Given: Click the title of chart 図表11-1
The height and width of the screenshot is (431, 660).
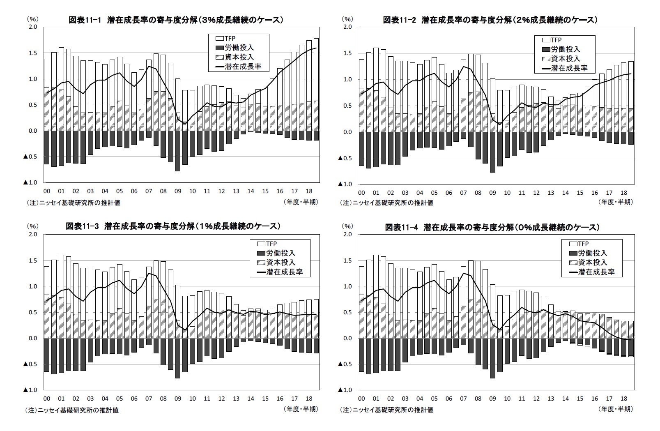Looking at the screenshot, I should point(175,19).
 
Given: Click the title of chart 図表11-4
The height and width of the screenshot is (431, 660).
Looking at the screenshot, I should point(492,227).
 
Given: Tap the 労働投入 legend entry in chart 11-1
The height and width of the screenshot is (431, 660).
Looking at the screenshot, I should point(239,48).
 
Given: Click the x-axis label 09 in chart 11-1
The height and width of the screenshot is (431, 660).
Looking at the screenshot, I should point(177,191).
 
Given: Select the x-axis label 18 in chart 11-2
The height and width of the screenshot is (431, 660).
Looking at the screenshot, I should point(624,193).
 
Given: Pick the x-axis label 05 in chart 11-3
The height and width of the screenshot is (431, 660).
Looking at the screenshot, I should point(119,399).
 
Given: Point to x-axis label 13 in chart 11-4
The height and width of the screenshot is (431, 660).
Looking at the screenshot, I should point(551,399).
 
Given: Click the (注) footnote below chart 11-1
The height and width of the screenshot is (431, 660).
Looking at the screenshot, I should point(73,202).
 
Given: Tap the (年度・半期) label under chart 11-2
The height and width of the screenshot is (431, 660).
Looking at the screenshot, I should point(616,202).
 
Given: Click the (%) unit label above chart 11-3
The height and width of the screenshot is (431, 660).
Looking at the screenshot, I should point(32,226).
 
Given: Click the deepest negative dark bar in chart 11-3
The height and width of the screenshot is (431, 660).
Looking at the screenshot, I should point(178,358).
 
